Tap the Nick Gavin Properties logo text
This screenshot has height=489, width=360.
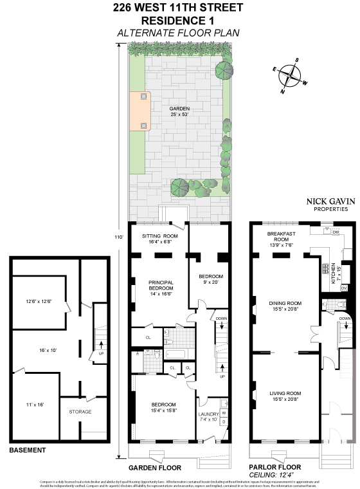click(321, 205)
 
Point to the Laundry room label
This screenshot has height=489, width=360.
click(210, 414)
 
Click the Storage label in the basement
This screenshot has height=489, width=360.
click(80, 411)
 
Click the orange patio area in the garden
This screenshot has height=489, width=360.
click(140, 111)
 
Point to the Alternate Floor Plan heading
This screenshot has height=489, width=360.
click(178, 32)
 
